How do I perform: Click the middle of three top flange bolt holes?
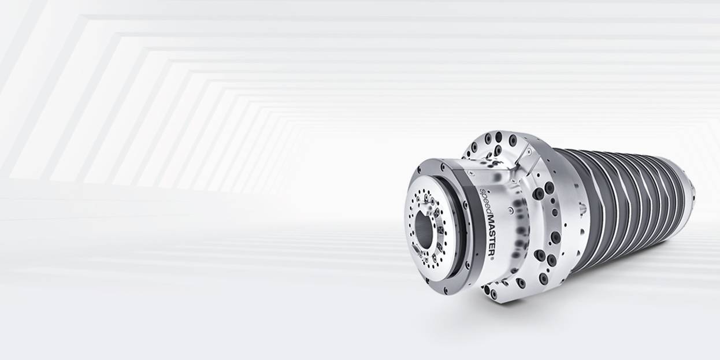[498, 138]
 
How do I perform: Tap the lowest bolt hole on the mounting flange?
[493, 294]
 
